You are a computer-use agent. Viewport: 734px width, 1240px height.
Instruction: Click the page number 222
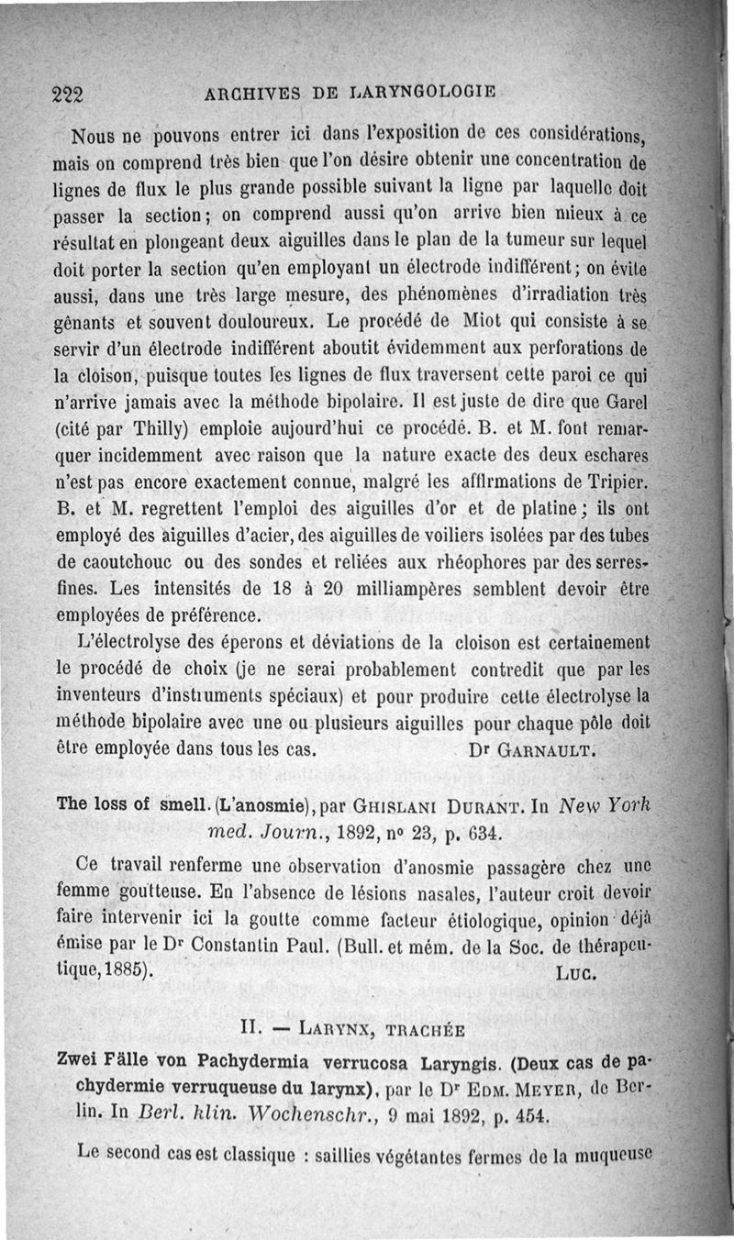point(68,93)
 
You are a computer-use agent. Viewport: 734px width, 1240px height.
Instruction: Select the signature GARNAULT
point(548,749)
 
